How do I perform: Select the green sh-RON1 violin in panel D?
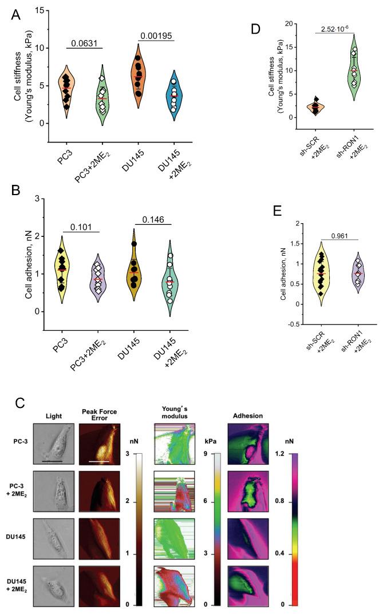(x=355, y=69)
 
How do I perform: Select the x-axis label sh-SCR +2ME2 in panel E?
(x=321, y=355)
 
